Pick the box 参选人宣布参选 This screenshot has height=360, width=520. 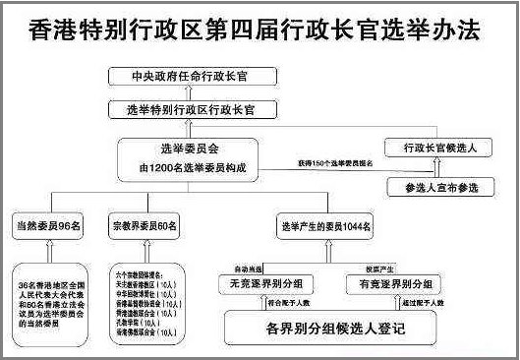[x=433, y=185]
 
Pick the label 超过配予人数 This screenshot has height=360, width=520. [x=420, y=305]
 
